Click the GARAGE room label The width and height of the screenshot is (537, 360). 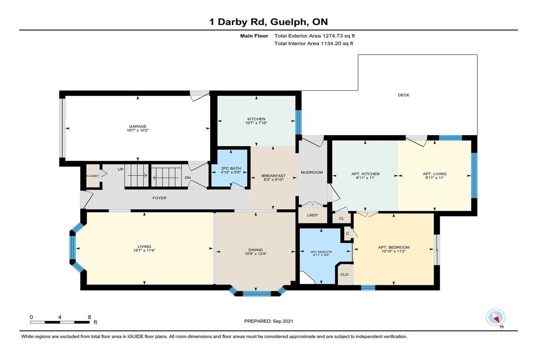click(x=138, y=127)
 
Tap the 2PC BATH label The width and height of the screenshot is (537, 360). click(x=231, y=169)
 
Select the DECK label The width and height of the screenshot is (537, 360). click(x=404, y=95)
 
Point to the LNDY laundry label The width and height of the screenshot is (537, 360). click(x=313, y=215)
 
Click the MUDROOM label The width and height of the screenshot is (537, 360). click(x=312, y=173)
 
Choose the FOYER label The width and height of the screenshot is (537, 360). click(x=159, y=198)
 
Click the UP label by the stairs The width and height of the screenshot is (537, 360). click(x=120, y=169)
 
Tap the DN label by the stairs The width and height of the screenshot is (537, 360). click(x=188, y=178)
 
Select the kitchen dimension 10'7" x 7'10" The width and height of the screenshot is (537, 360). click(x=256, y=123)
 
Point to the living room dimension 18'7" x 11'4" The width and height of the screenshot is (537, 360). click(x=144, y=250)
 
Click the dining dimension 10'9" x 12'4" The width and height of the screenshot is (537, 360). click(x=256, y=254)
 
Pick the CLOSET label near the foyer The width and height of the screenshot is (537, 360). click(x=93, y=176)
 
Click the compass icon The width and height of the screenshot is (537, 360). click(x=495, y=318)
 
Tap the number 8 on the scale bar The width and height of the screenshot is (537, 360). click(x=89, y=317)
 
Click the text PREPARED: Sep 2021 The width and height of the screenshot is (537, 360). click(x=269, y=321)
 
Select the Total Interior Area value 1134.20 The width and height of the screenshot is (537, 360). click(x=331, y=43)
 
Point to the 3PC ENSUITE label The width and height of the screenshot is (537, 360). click(x=321, y=252)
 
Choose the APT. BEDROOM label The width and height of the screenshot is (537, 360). click(x=394, y=247)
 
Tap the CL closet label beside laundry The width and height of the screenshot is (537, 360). click(x=341, y=218)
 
